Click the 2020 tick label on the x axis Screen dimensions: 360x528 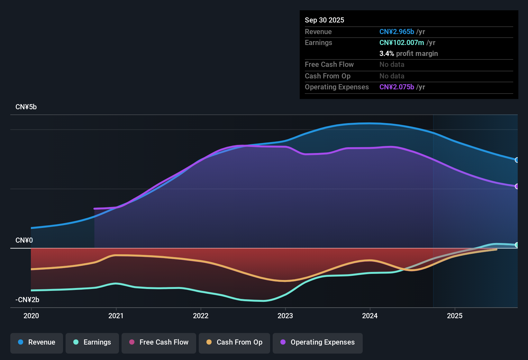31,316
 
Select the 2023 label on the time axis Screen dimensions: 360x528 285,316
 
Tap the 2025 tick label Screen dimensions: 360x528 455,316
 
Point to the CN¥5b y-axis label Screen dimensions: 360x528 26,107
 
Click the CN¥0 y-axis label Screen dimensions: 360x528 24,240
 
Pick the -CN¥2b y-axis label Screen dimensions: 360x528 27,300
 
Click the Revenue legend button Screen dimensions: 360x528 37,342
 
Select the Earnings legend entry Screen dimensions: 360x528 92,342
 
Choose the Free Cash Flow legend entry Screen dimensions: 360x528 159,342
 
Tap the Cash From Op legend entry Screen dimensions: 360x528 234,342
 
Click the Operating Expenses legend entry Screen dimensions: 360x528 318,342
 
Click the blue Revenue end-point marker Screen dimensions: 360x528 517,160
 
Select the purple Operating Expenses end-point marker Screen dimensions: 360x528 517,186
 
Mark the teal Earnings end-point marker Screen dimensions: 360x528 517,245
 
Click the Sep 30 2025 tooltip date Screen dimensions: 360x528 324,20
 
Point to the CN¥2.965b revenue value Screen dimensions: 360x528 396,32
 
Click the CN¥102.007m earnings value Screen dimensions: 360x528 402,43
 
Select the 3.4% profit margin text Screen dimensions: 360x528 408,54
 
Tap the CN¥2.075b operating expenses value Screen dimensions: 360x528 396,87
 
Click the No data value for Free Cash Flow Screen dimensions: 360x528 392,65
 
